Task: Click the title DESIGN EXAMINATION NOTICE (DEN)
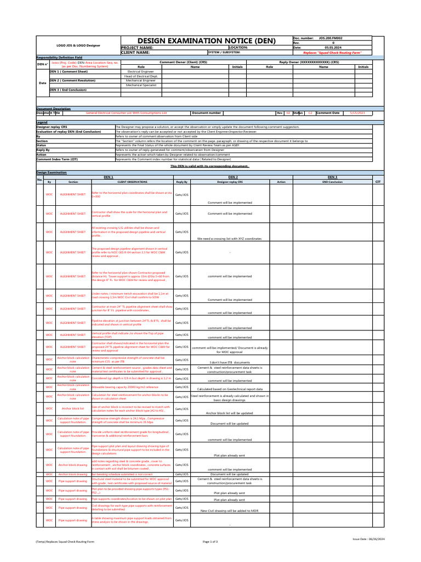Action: (x=206, y=41)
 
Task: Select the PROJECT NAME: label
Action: (x=137, y=48)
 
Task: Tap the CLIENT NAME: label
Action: (x=135, y=52)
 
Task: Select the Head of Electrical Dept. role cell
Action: (x=141, y=76)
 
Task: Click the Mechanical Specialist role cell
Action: (x=141, y=85)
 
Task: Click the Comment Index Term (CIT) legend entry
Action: (x=57, y=159)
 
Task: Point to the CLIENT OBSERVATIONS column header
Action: (x=132, y=181)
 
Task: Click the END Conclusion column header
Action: (x=332, y=181)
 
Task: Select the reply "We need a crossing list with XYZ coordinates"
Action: (x=230, y=239)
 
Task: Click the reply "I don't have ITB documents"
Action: (x=230, y=363)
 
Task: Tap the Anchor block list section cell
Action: (x=73, y=409)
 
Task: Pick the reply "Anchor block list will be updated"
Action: (x=230, y=413)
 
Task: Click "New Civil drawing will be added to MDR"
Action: (x=230, y=510)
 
